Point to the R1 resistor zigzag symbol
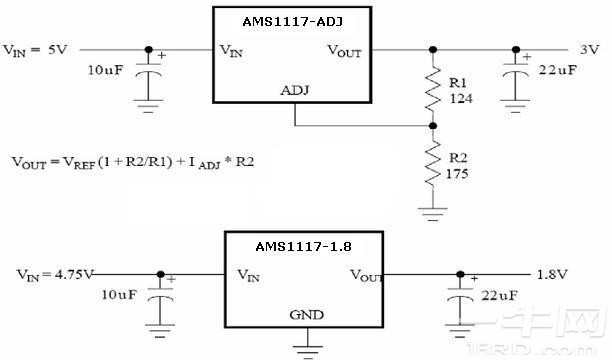(433, 87)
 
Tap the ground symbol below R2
(433, 211)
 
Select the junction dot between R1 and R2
(433, 126)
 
